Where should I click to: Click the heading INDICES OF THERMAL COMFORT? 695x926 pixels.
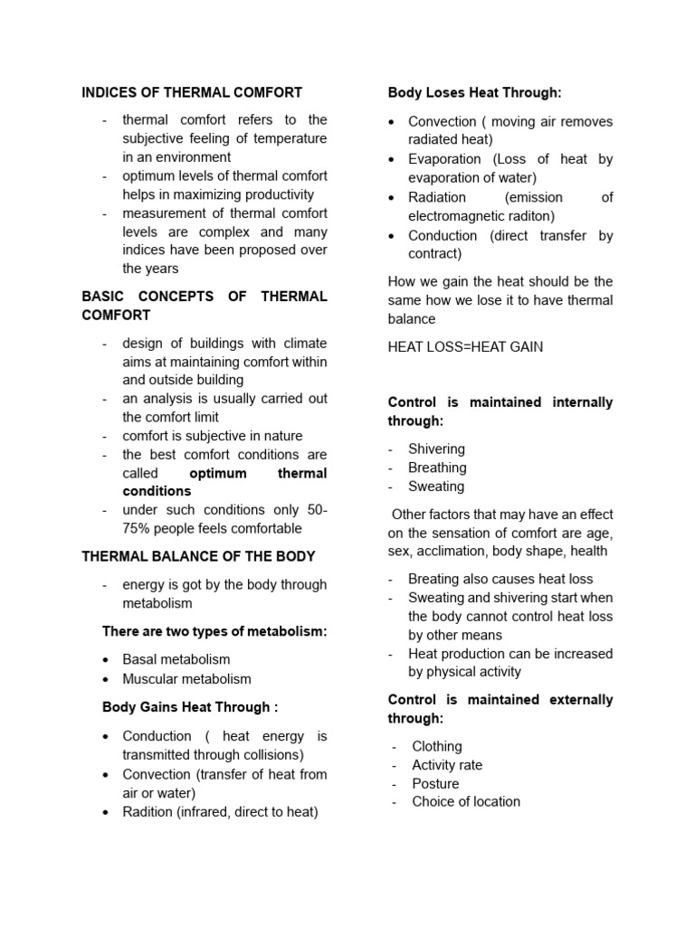coord(192,92)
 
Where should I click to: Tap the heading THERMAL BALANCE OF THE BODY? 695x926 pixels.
coord(198,555)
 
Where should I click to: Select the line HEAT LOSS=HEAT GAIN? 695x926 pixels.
coord(465,347)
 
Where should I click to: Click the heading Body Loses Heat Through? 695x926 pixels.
coord(474,92)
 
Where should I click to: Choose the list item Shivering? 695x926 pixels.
coord(436,449)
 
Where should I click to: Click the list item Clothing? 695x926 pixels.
coord(436,746)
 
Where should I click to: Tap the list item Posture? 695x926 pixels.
coord(434,783)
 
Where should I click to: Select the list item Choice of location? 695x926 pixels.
coord(465,801)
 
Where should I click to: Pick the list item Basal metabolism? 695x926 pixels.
coord(176,659)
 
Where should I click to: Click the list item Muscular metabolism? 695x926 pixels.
coord(186,678)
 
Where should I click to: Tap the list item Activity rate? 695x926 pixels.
coord(447,765)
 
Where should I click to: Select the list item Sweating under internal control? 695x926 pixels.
coord(436,487)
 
